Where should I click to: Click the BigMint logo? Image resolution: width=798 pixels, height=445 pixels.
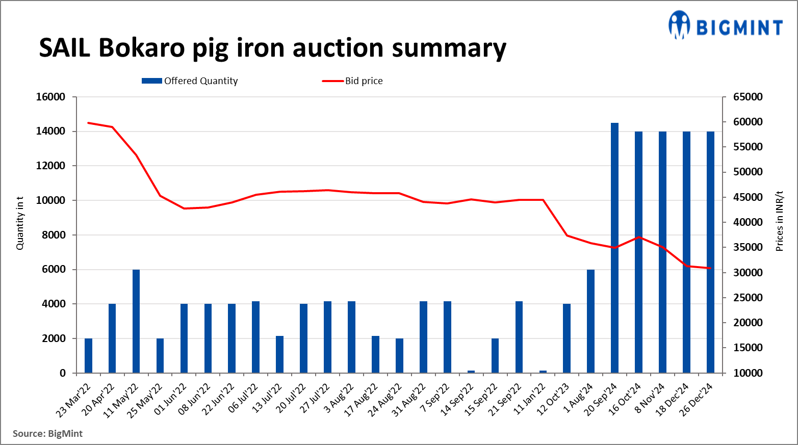coord(725,25)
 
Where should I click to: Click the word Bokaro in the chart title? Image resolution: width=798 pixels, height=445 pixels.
coord(141,48)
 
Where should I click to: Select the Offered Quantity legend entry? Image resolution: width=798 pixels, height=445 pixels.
coord(190,81)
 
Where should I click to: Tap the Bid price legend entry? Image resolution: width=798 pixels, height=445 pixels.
coord(352,81)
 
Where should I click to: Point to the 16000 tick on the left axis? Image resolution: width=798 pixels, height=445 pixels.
coord(50,97)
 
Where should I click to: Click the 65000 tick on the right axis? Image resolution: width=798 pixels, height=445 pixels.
coord(748,97)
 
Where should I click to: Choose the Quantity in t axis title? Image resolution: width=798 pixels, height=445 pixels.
coord(20,223)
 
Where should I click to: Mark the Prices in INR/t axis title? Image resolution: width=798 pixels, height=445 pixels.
coord(779,221)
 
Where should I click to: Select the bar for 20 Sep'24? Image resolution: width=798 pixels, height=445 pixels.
coord(614,248)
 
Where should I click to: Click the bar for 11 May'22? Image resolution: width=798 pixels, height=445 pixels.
coord(136,321)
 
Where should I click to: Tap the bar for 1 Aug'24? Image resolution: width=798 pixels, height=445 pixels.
coord(590,321)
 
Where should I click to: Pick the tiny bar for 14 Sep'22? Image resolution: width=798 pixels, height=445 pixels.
coord(471,372)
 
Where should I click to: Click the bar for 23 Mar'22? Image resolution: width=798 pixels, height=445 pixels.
coord(88,355)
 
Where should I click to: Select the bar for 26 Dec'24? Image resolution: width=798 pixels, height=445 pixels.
coord(710,252)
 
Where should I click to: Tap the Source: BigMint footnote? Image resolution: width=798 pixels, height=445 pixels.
coord(47,434)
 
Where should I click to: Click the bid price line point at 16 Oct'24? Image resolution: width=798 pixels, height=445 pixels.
coord(638,237)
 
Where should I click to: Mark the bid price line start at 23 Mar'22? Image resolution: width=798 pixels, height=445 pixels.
coord(88,123)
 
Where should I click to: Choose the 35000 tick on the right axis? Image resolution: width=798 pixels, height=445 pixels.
coord(748,247)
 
